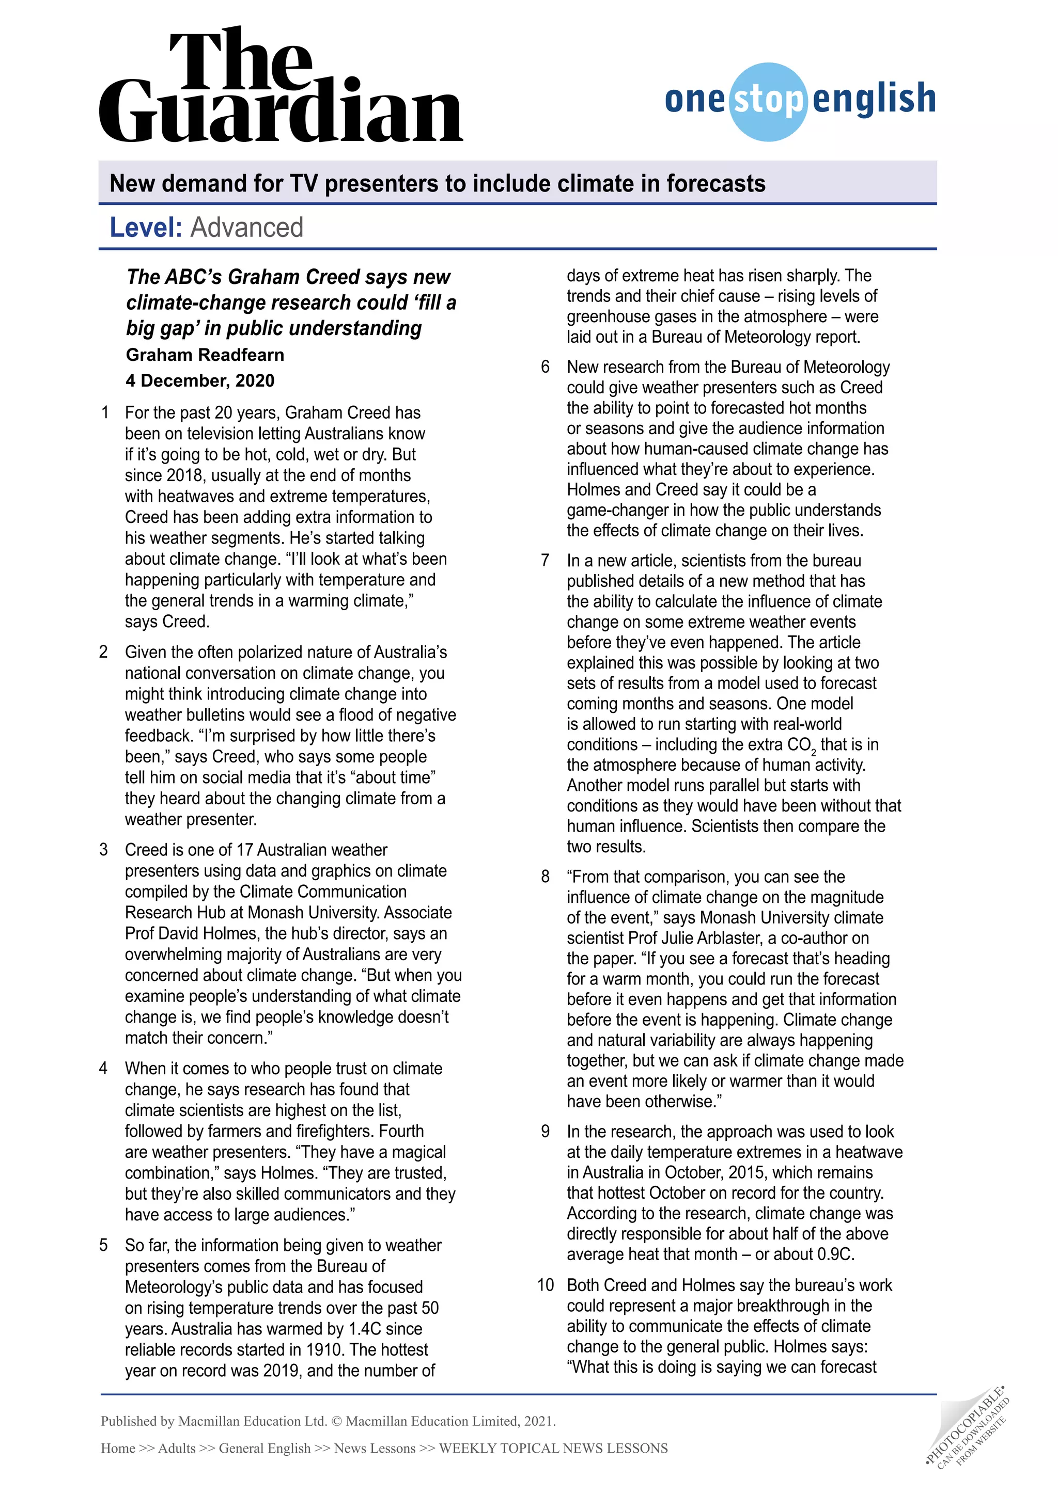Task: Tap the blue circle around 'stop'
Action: tap(769, 101)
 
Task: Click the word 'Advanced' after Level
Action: tap(247, 228)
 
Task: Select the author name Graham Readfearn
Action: tap(205, 355)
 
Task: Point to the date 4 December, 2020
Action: tap(200, 381)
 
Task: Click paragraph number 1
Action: tap(105, 413)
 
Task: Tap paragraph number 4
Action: tap(103, 1069)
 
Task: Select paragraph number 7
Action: tap(546, 561)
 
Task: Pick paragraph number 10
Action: tap(546, 1285)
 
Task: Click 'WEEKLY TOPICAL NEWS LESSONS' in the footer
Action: tap(553, 1448)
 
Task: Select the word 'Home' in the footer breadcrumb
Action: tap(118, 1448)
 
